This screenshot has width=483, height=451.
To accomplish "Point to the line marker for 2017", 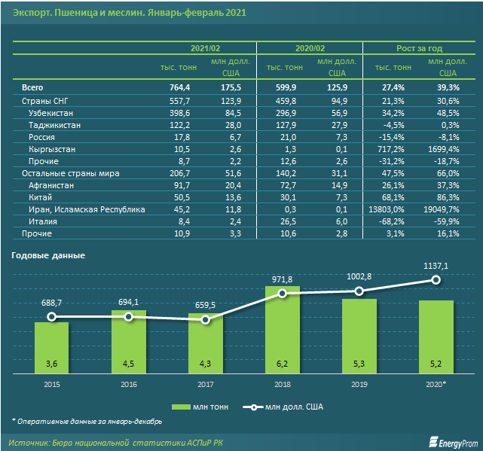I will (x=206, y=320).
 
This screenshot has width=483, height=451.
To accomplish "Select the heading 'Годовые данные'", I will (x=48, y=255).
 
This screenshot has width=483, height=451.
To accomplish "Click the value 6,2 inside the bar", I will (x=283, y=364).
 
